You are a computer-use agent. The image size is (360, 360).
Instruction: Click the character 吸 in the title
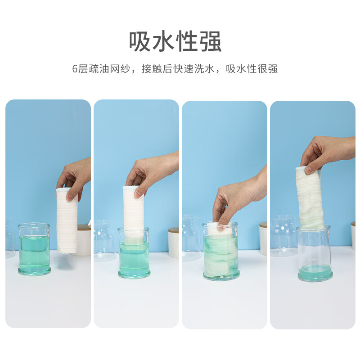(140, 42)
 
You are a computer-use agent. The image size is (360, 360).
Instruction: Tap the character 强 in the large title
(210, 42)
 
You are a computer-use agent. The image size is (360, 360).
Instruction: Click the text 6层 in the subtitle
(79, 69)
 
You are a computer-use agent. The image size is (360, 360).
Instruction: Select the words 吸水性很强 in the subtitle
(252, 69)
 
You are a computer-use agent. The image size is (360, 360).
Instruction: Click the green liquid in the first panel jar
(34, 252)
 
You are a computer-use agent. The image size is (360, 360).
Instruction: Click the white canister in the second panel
(173, 243)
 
